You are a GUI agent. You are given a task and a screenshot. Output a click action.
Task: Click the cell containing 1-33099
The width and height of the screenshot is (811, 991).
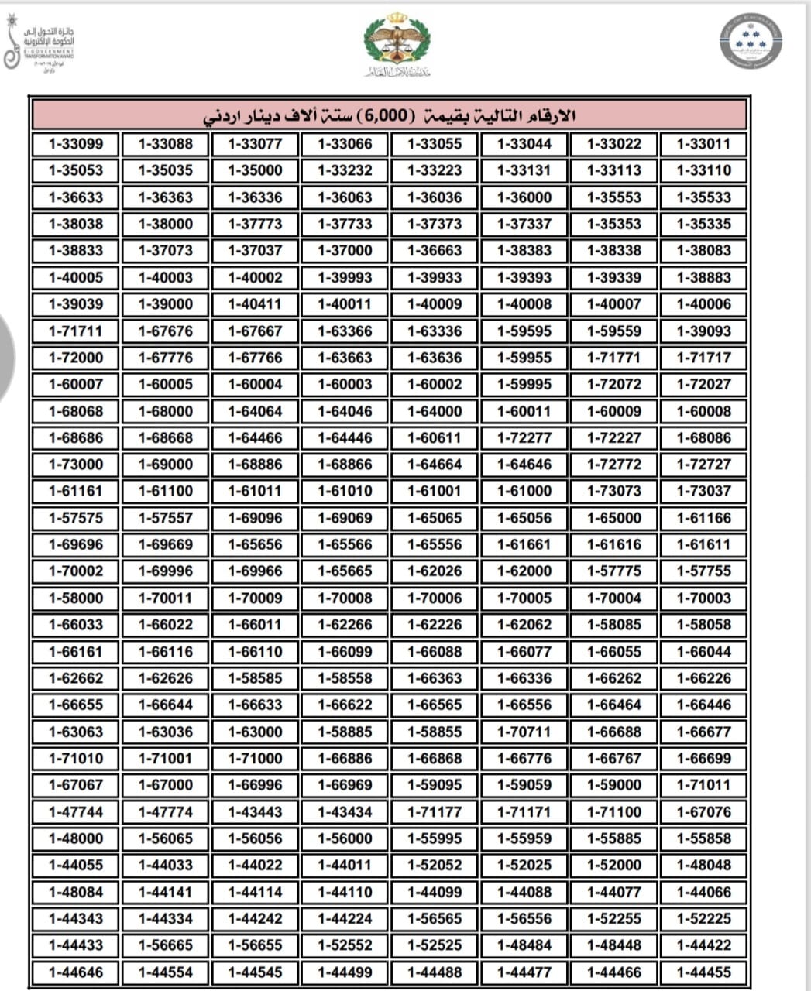(76, 144)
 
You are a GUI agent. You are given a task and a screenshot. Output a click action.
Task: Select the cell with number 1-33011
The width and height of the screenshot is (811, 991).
(703, 144)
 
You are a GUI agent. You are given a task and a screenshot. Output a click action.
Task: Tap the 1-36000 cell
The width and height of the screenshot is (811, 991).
(524, 197)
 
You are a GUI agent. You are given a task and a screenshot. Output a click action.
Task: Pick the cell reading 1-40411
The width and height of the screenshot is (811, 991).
(256, 304)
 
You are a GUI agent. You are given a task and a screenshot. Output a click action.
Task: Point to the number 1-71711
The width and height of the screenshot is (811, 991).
(76, 331)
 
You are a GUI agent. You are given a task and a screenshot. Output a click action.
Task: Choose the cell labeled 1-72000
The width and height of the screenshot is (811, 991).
(76, 358)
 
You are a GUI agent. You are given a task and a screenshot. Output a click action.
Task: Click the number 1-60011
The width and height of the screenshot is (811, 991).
(524, 411)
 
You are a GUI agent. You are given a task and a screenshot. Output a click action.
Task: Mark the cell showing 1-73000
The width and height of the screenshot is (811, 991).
(76, 465)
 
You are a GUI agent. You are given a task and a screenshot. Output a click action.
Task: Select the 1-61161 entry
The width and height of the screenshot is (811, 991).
(76, 491)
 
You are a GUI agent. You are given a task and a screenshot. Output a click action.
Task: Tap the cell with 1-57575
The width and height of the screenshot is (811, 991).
(76, 518)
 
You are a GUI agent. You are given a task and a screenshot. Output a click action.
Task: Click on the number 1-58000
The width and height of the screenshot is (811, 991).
(76, 598)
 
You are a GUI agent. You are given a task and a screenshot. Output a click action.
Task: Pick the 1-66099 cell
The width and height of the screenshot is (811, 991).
(345, 652)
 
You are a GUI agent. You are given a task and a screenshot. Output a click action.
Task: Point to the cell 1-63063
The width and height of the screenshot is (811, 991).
(76, 732)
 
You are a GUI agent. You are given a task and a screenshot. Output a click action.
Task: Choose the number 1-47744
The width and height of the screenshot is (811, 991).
(76, 812)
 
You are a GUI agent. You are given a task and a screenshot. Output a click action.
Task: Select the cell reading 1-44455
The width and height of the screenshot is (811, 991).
(703, 972)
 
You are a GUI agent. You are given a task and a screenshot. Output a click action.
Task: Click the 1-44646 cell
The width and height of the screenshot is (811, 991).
(76, 972)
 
